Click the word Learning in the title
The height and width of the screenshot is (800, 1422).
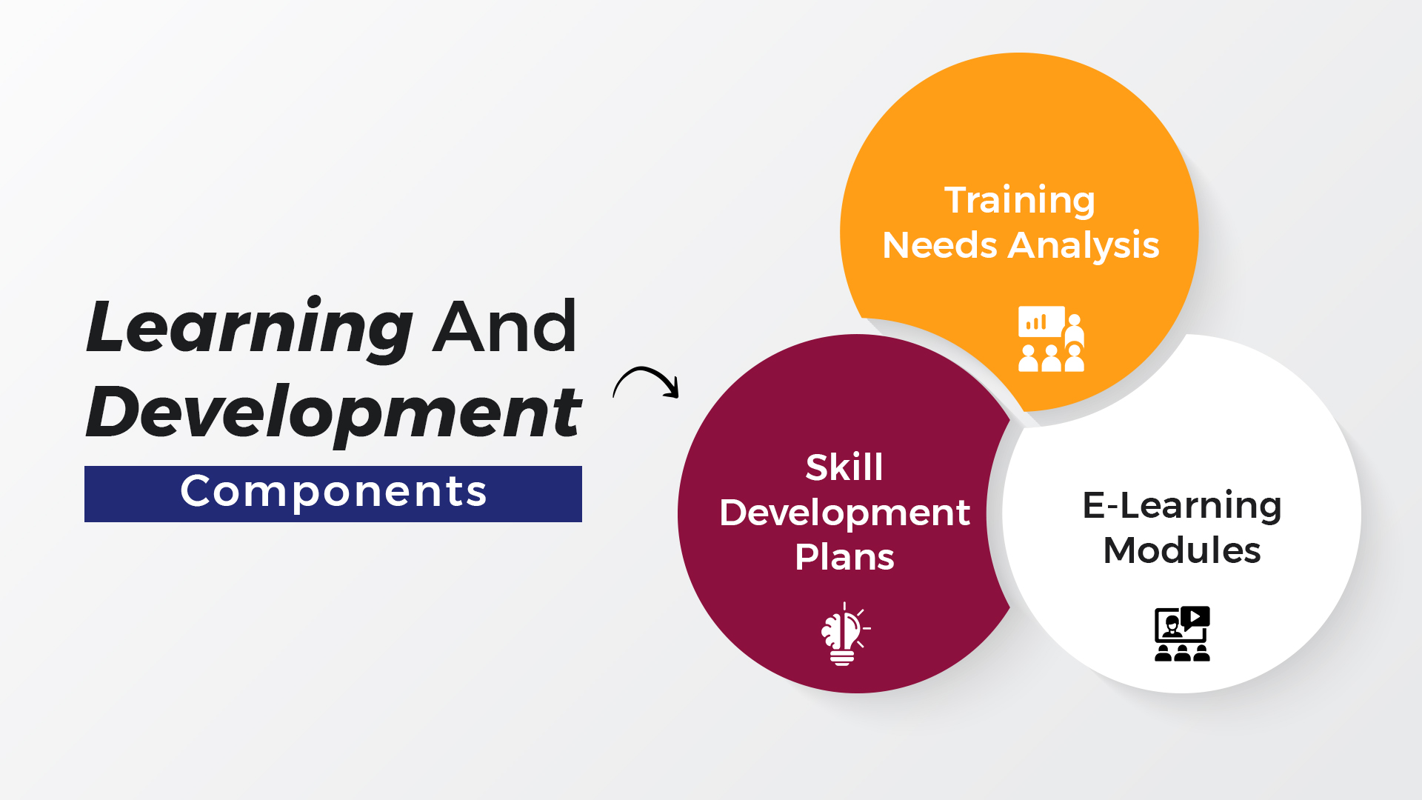point(250,328)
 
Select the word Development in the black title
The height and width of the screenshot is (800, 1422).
point(334,413)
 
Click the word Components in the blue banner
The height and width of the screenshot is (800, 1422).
point(333,491)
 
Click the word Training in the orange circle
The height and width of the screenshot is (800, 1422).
point(1019,201)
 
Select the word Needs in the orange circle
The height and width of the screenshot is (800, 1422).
point(940,244)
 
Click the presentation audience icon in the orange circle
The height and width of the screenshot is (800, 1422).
point(1051,339)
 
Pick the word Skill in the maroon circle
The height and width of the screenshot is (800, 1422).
point(844,467)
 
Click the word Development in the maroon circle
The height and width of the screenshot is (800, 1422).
point(844,513)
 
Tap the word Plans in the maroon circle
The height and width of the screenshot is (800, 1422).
point(844,557)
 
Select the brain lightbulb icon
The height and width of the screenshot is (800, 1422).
point(845,634)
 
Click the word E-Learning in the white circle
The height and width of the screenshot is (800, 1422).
point(1182,506)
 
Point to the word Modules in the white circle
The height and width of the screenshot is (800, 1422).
point(1182,550)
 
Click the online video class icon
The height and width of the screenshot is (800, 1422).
point(1182,634)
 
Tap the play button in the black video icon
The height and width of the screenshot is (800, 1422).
point(1195,616)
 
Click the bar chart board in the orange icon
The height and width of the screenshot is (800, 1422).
point(1041,321)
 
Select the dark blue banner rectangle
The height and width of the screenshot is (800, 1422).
point(333,494)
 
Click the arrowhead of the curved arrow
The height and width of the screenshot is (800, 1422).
point(672,389)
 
